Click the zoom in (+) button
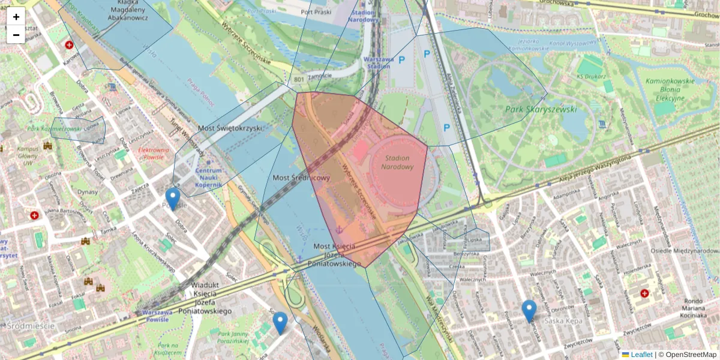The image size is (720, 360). (x=16, y=17)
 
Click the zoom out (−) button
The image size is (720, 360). (x=16, y=35)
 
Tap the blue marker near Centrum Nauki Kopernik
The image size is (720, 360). (x=173, y=199)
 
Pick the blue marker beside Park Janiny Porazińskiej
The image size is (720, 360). (x=280, y=323)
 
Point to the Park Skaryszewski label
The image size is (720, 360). (x=541, y=109)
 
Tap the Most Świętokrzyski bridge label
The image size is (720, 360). (x=235, y=128)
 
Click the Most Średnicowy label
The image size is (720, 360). (x=301, y=178)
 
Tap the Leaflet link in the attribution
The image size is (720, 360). (x=641, y=355)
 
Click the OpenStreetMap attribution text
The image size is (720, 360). (x=691, y=355)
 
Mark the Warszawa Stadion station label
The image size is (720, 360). (x=378, y=62)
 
